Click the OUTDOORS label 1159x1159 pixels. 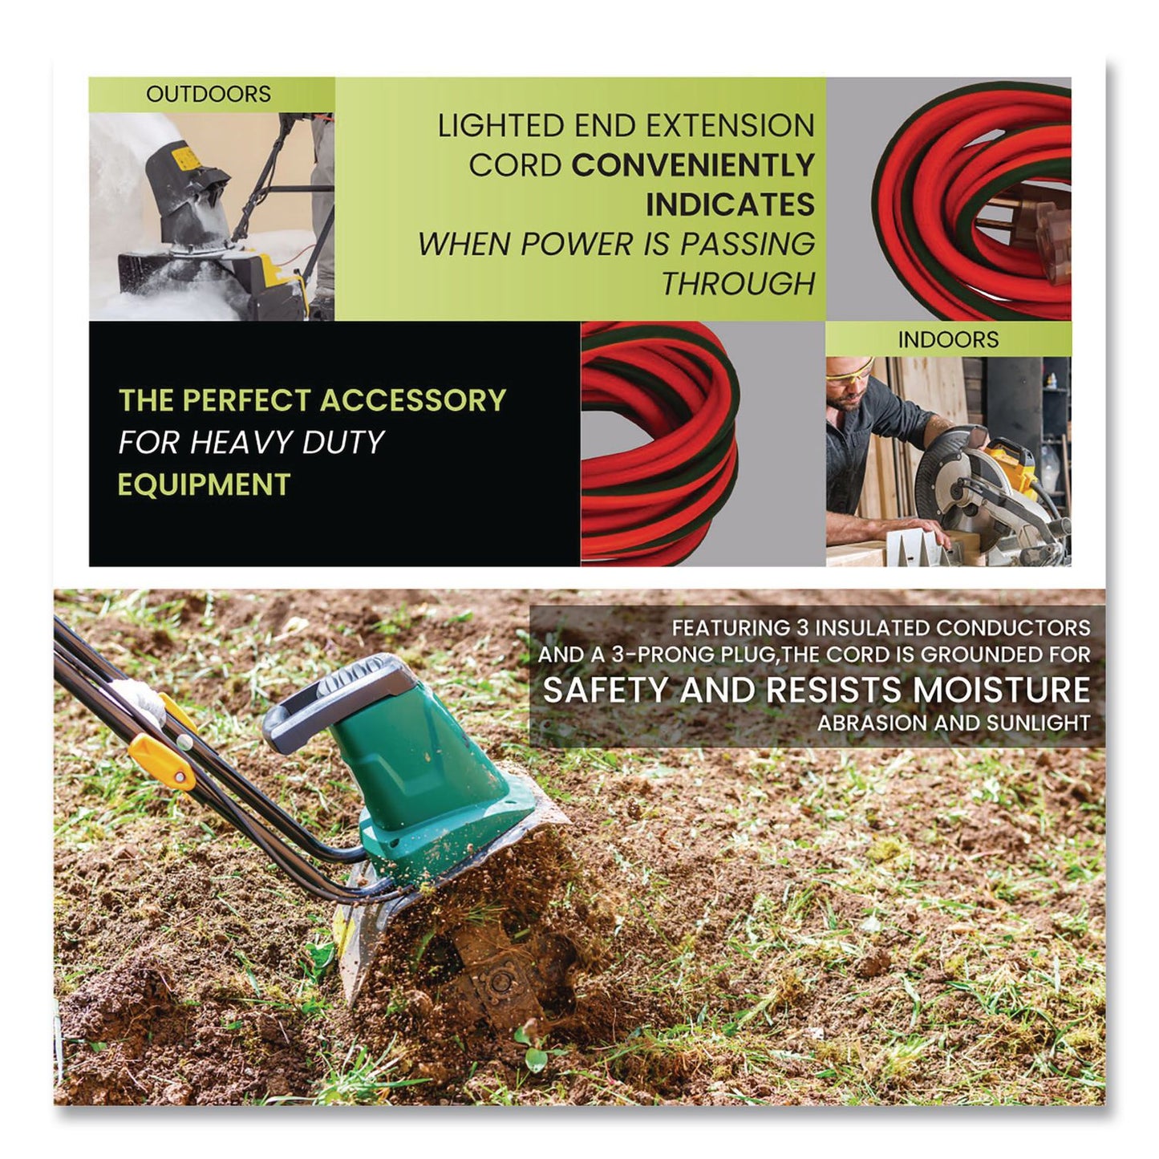pyautogui.click(x=208, y=94)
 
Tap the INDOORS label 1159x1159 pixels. pyautogui.click(x=947, y=339)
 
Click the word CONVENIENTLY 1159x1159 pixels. pyautogui.click(x=692, y=165)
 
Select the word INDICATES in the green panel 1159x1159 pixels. pyautogui.click(x=730, y=205)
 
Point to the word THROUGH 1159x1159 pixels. pyautogui.click(x=737, y=283)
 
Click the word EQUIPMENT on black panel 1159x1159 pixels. pyautogui.click(x=204, y=484)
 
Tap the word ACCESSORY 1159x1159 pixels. pyautogui.click(x=413, y=399)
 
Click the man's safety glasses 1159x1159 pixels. pyautogui.click(x=852, y=374)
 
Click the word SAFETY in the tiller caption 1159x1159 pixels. pyautogui.click(x=606, y=690)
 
